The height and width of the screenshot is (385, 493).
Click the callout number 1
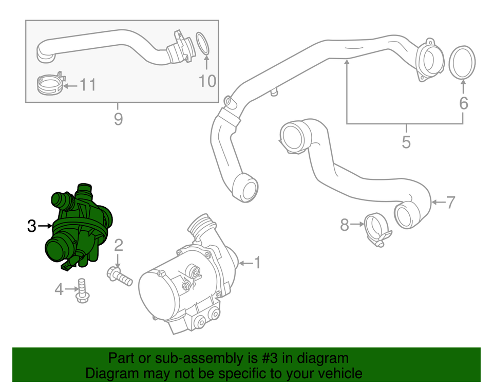257,264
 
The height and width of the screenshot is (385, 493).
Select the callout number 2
118,245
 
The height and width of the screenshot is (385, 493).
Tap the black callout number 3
32,226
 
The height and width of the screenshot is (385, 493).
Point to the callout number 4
60,290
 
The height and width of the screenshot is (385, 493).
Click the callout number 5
406,141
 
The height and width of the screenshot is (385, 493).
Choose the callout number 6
463,104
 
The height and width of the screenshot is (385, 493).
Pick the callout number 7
450,203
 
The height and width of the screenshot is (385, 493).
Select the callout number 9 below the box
118,119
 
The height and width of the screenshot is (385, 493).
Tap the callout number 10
207,81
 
